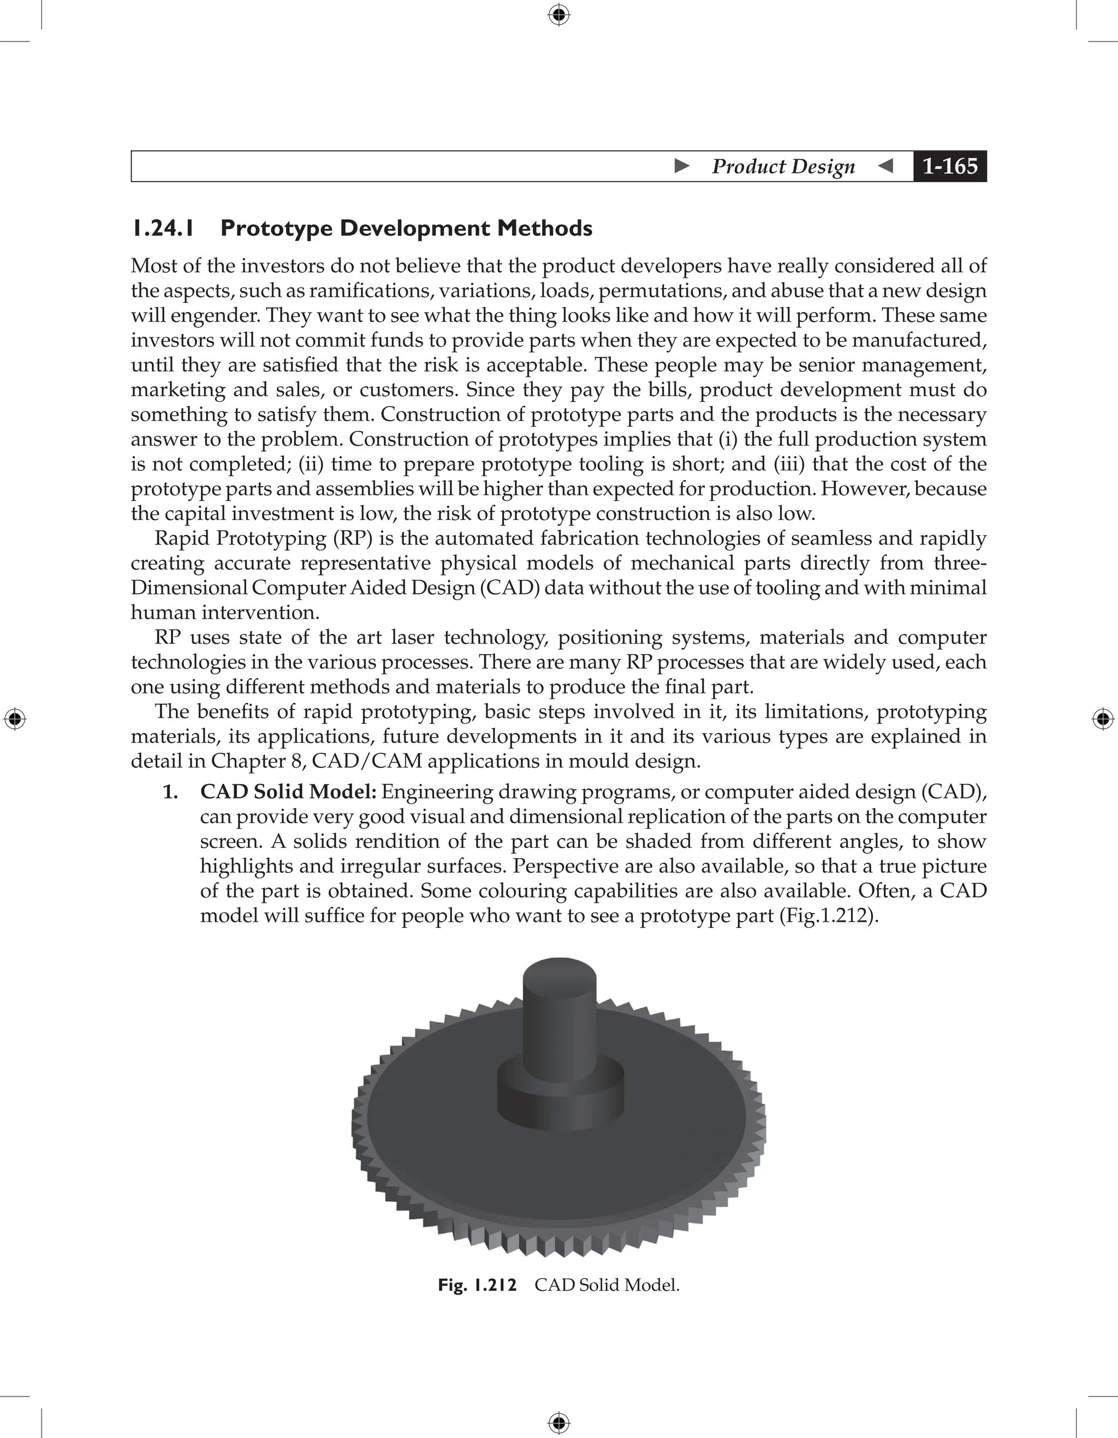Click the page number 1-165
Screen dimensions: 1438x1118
(x=949, y=166)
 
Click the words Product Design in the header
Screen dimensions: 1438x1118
(x=783, y=166)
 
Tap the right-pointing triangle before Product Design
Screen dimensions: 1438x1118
(x=682, y=165)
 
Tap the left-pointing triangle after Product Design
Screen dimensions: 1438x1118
(x=886, y=165)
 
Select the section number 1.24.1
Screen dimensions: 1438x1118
(x=163, y=229)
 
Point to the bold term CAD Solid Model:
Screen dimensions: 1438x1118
(x=288, y=792)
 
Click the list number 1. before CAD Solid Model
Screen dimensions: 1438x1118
(x=170, y=792)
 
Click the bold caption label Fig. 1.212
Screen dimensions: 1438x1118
(x=477, y=1285)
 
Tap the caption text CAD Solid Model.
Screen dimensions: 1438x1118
(x=606, y=1285)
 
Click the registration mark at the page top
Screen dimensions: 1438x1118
(x=558, y=15)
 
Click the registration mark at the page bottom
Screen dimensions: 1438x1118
(x=558, y=1423)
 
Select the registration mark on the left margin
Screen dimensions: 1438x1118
(x=15, y=719)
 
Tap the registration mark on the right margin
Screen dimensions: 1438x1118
(x=1103, y=719)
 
